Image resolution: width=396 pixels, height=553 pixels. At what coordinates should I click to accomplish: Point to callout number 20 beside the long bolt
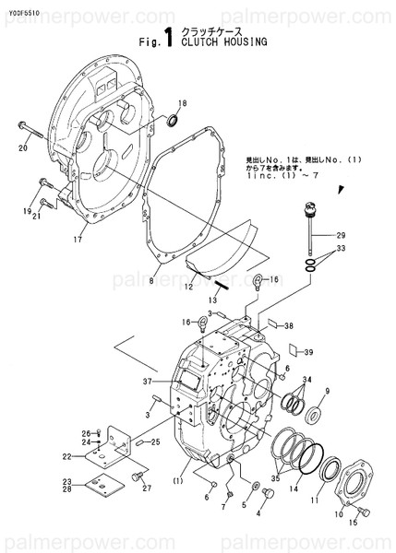click(x=23, y=147)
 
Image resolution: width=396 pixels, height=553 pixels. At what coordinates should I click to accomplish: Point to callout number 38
click(x=289, y=325)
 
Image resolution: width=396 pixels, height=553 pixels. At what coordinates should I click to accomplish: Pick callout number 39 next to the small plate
click(x=309, y=352)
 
